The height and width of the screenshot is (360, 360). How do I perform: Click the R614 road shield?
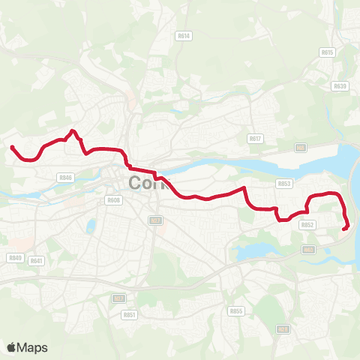(184, 35)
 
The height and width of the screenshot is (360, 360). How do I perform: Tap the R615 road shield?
(326, 52)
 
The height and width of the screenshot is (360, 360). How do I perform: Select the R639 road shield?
(340, 86)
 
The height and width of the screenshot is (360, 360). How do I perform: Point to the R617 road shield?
(255, 139)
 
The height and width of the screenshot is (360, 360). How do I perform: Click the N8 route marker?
(301, 148)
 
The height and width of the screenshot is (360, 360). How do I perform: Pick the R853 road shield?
(283, 183)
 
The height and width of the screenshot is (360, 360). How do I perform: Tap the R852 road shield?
(307, 224)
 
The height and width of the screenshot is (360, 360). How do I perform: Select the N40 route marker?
(308, 250)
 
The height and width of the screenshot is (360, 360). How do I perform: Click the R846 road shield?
(64, 178)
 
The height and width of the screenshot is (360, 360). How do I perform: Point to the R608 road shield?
(113, 200)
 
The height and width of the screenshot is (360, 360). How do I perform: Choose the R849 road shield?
(15, 257)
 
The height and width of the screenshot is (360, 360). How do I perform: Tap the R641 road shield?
(37, 261)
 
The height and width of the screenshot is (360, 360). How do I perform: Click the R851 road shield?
(130, 315)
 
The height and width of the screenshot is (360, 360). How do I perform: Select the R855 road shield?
(236, 310)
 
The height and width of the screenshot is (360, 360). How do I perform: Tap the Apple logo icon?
(11, 347)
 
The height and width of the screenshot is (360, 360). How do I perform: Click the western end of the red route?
(12, 146)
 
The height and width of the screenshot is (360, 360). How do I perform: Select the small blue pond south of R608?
(91, 226)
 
